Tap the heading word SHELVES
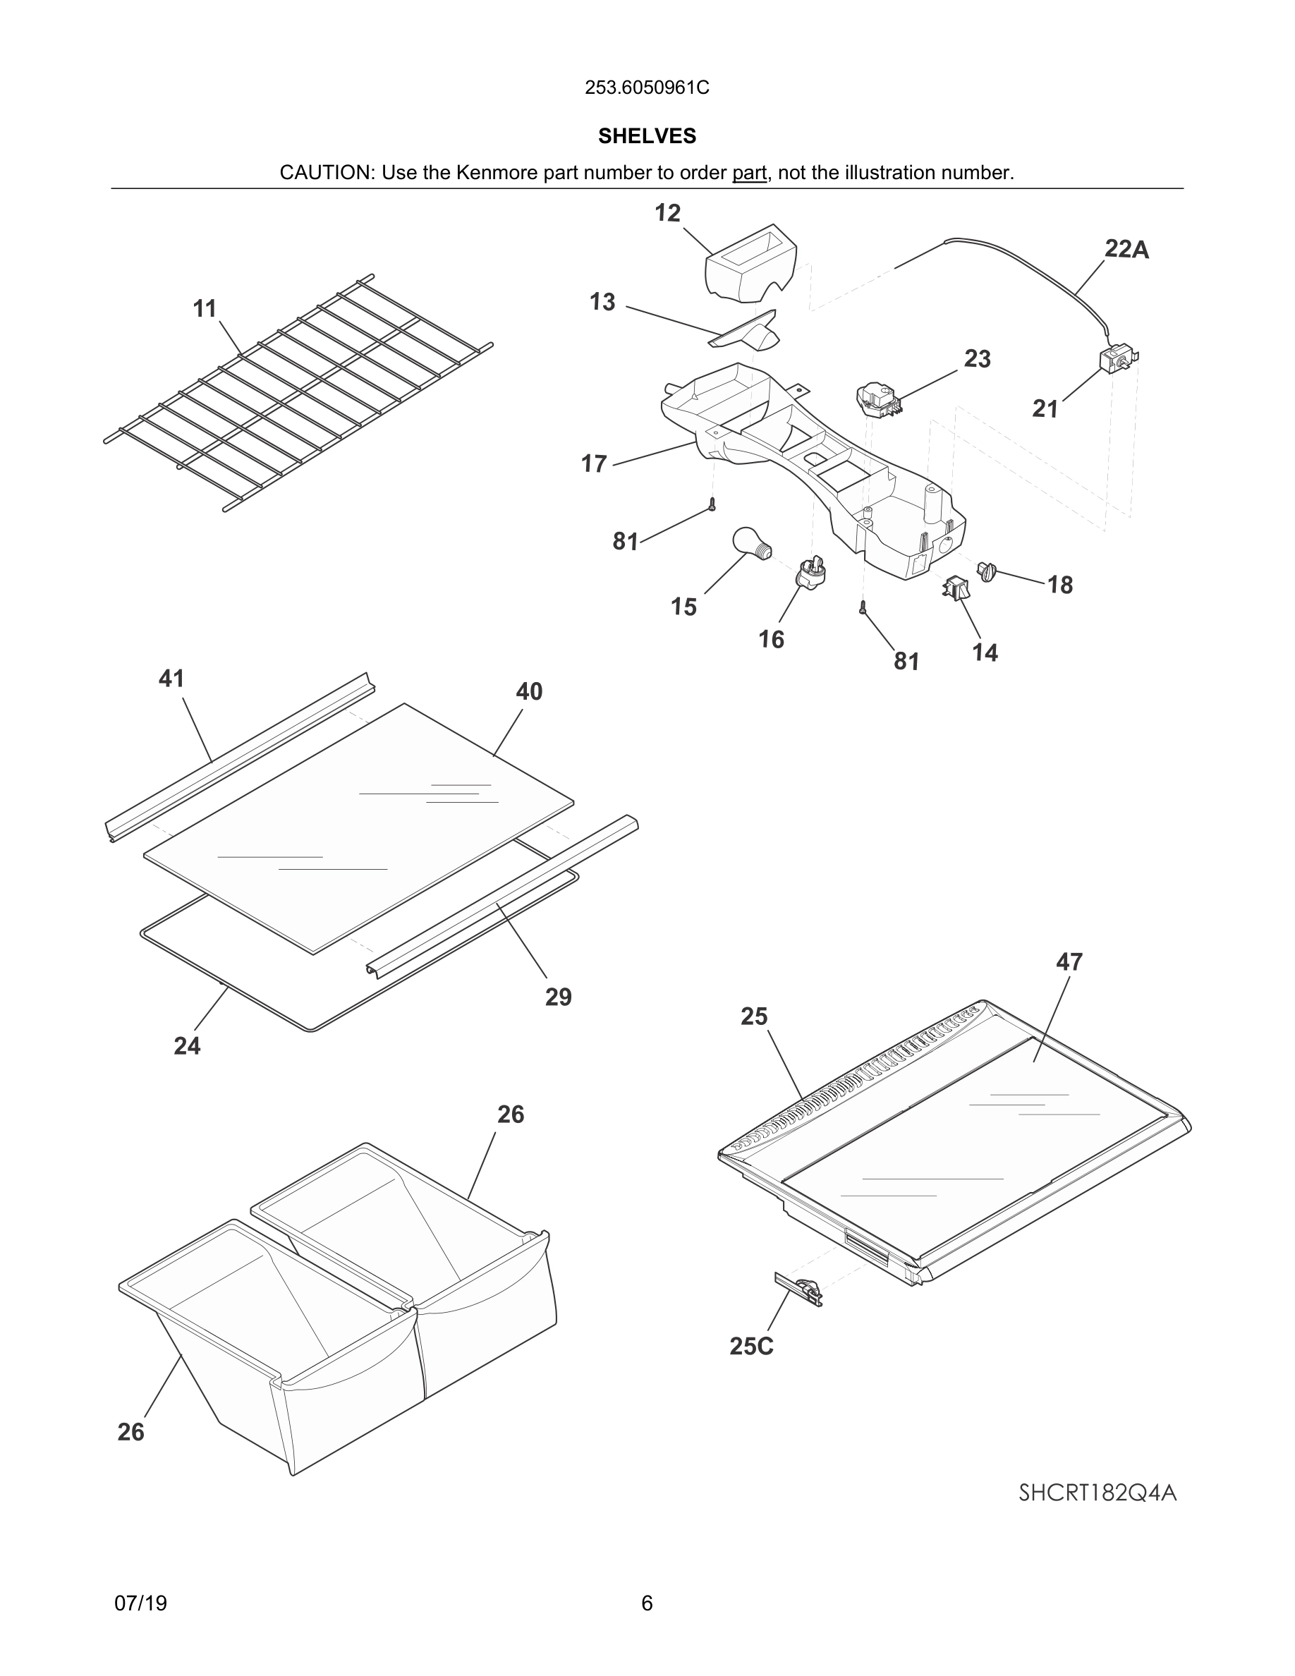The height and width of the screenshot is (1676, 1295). tap(647, 136)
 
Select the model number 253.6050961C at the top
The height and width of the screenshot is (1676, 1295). tap(647, 88)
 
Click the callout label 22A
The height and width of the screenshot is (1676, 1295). tap(1126, 250)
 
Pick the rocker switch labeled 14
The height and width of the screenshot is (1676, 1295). tap(956, 588)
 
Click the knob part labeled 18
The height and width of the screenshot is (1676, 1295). tap(987, 571)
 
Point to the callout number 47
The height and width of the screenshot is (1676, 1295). tap(1069, 961)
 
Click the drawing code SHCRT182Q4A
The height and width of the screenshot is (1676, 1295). tap(1097, 1493)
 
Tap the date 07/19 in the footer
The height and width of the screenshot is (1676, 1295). tap(140, 1604)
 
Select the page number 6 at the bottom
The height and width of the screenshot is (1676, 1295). tap(647, 1604)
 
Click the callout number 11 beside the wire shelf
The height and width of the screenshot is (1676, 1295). tap(204, 308)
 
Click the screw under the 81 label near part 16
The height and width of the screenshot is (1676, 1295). tap(863, 608)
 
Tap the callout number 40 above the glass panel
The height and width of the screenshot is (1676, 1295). tap(528, 691)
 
